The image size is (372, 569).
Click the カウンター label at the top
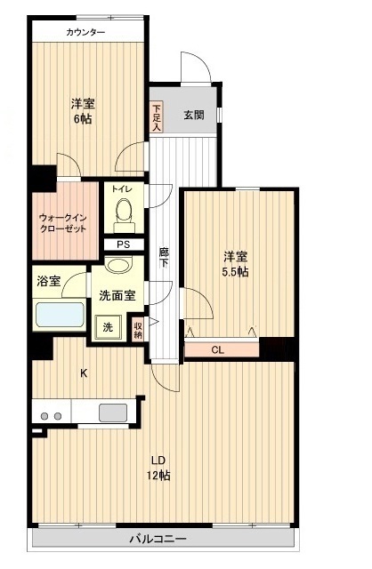tap(85, 33)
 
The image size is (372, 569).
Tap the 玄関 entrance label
tap(193, 114)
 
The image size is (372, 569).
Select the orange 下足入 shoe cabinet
tap(157, 116)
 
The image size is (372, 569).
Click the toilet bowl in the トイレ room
tap(124, 212)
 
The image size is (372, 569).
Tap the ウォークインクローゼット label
tap(62, 222)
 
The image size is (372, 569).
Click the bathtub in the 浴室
tap(60, 317)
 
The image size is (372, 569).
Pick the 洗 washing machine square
tap(108, 327)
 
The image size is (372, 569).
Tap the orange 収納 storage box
tap(139, 328)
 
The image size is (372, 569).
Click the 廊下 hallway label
tap(164, 258)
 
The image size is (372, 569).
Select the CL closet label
tap(217, 349)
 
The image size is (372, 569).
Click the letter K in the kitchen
tap(85, 373)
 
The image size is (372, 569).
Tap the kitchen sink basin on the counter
tap(113, 413)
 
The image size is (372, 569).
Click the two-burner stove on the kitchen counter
tap(51, 415)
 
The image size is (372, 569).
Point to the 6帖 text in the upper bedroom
tap(84, 119)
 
